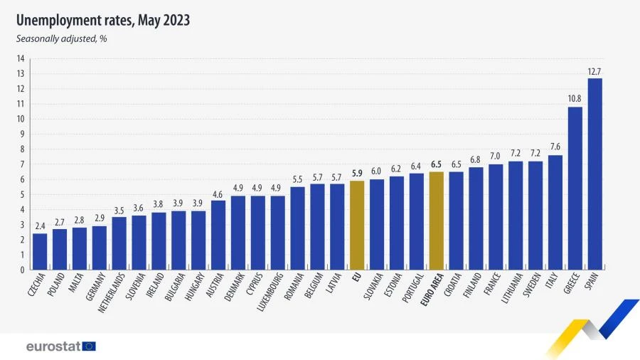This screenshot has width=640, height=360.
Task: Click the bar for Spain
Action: (x=595, y=174)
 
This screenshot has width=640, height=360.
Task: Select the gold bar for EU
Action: (x=357, y=226)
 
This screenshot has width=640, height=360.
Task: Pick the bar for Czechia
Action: (x=40, y=252)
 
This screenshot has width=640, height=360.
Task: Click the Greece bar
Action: (x=575, y=189)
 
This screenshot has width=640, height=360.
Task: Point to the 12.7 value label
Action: (x=595, y=71)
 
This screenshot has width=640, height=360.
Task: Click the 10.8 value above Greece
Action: (x=575, y=100)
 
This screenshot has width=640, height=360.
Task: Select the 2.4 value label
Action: (x=40, y=226)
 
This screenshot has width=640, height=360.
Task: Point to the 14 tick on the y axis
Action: (x=21, y=58)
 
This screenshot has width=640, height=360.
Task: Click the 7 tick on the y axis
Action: (x=22, y=164)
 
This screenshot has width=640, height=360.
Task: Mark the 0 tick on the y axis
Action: (x=22, y=270)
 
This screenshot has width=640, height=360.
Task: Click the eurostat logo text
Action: (x=53, y=346)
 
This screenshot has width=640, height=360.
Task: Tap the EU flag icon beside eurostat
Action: (x=89, y=346)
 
